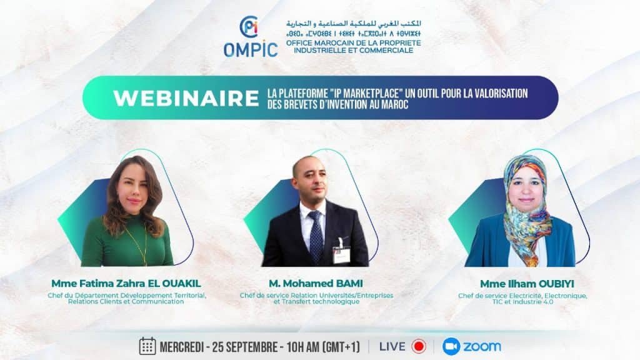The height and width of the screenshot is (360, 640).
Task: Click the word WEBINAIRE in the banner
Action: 186,98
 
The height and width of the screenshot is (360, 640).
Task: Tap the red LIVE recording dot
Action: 418,346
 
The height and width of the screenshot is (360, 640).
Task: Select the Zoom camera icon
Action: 451,346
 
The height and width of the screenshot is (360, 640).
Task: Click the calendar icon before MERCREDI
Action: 147,346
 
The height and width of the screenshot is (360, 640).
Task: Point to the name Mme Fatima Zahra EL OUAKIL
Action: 126,283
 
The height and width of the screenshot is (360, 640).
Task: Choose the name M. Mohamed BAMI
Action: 316,283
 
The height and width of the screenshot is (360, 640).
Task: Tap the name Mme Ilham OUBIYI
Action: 527,284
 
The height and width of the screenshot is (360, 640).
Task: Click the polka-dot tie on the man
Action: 316,236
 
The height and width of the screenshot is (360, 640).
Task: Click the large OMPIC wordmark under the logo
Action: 251,50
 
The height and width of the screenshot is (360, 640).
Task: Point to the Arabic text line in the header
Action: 354,23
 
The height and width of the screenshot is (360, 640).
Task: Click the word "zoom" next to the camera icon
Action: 482,346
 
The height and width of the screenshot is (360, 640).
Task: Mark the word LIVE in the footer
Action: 392,346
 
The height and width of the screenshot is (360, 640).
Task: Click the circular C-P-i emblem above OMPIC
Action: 249,27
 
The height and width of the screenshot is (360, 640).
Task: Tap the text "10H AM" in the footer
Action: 303,347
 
